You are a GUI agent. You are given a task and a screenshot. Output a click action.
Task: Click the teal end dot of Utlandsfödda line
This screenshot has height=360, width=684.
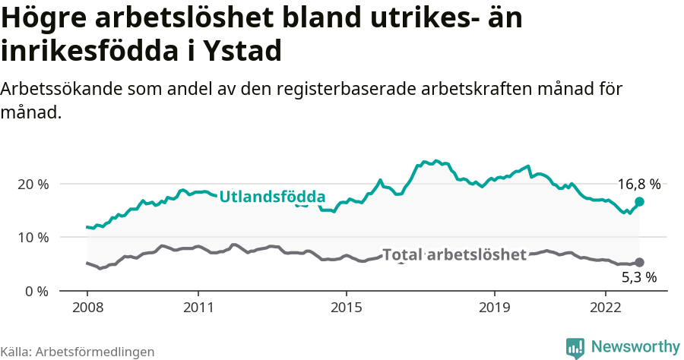click(639, 201)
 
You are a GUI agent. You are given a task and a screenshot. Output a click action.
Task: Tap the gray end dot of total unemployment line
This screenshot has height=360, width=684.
click(639, 262)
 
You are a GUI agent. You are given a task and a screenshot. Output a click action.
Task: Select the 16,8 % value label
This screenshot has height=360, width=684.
click(638, 184)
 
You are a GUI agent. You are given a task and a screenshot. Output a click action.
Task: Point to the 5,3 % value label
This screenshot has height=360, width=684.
click(638, 277)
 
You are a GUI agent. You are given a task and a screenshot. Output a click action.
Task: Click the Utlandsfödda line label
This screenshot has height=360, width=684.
click(272, 197)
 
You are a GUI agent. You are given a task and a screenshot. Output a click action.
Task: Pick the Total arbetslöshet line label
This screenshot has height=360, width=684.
click(454, 254)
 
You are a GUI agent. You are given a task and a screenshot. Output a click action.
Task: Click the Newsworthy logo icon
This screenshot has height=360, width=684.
click(575, 348)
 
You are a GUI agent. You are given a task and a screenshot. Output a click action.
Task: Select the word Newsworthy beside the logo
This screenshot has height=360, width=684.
click(635, 347)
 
